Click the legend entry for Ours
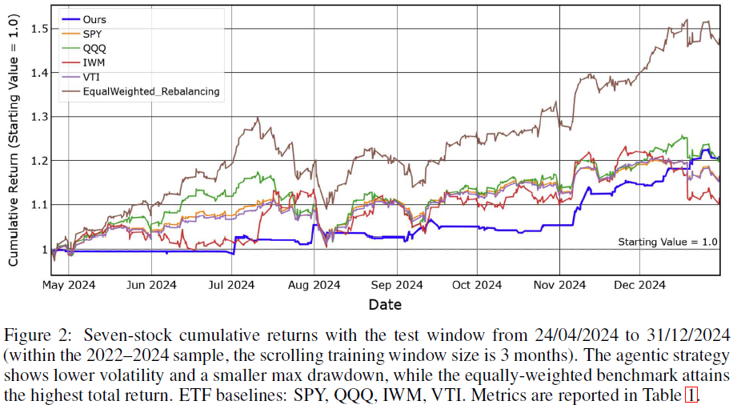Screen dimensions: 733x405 tap(84, 20)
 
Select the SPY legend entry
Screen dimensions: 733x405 tap(82, 34)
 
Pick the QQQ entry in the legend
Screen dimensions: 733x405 tap(84, 49)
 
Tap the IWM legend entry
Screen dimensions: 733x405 tap(83, 62)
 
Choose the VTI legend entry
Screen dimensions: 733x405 tap(81, 77)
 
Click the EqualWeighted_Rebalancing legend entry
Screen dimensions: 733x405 tap(141, 92)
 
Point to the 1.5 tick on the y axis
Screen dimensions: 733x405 tap(39, 29)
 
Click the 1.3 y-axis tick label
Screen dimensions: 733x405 tap(39, 117)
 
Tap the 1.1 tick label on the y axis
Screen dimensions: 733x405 tap(39, 205)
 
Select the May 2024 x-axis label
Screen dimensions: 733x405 tap(69, 285)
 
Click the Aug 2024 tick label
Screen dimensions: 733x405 tap(314, 285)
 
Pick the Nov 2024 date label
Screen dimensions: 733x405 tap(559, 285)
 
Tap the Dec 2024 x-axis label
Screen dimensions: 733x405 tap(639, 285)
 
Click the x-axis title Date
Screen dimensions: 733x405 tap(385, 305)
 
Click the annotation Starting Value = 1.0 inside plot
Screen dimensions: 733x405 tap(667, 243)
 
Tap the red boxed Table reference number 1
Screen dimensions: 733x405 tap(691, 395)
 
